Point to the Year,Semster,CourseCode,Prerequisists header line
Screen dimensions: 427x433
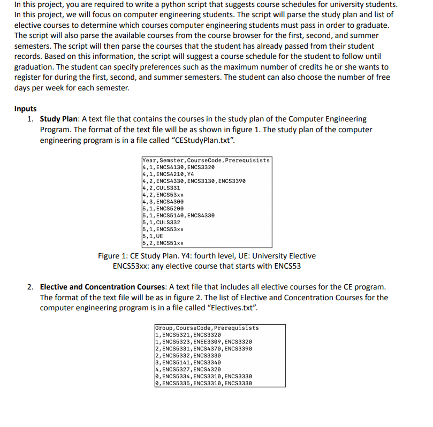206,161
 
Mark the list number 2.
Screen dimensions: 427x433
31,287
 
